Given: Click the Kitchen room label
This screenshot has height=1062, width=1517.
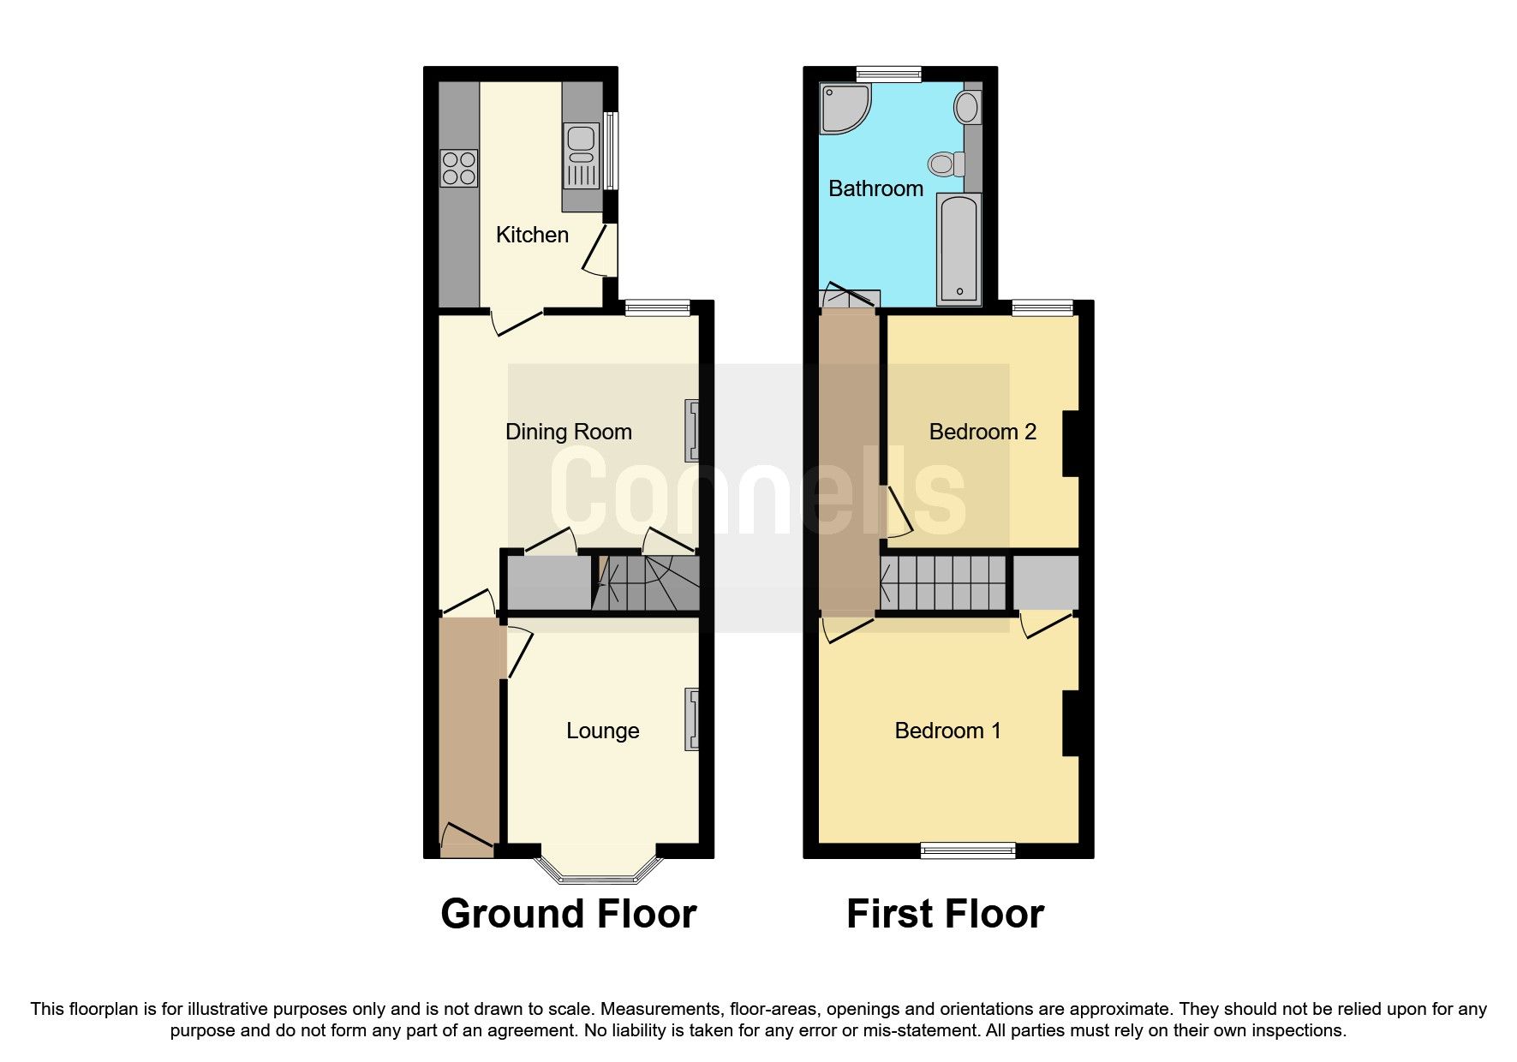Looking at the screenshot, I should click(x=532, y=235).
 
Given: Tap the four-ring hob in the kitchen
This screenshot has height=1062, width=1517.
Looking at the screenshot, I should click(x=458, y=168).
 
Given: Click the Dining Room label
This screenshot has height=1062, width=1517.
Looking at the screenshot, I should click(x=569, y=432).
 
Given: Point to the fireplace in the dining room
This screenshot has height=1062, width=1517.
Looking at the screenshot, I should click(x=691, y=431).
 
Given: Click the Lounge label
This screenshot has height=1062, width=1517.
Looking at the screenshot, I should click(x=602, y=731).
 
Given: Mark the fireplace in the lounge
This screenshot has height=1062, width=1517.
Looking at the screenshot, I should click(x=691, y=720).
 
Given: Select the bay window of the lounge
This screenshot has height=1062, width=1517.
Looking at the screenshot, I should click(x=599, y=869).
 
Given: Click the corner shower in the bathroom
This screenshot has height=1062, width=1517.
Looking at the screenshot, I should click(x=844, y=108).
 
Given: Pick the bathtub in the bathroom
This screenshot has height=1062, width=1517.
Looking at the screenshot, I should click(x=959, y=248).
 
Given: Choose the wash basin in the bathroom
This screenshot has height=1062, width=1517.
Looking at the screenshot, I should click(x=968, y=108).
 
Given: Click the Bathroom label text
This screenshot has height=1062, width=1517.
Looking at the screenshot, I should click(x=875, y=188).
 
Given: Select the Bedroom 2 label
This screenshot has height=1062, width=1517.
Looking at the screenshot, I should click(x=982, y=432).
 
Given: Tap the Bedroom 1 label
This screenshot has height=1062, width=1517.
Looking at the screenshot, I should click(x=947, y=731).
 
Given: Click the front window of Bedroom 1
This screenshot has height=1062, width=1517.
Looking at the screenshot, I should click(x=968, y=850).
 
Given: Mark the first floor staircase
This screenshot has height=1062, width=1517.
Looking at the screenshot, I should click(x=943, y=582).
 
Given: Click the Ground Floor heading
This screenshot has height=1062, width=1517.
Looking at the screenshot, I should click(x=568, y=914).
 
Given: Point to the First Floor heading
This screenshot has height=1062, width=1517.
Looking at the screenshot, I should click(x=945, y=914).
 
